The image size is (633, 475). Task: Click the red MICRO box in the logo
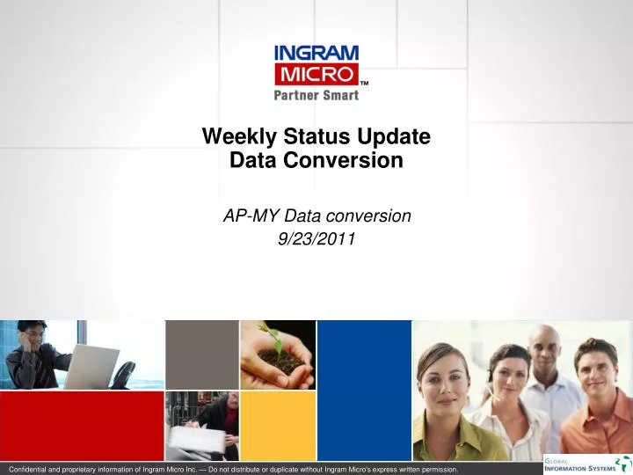[316, 72]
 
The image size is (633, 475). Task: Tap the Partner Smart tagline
[316, 94]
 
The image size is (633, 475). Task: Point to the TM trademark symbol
[364, 84]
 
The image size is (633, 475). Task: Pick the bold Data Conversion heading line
[316, 160]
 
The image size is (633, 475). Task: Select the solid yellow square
[277, 426]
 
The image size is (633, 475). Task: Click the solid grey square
[201, 354]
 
